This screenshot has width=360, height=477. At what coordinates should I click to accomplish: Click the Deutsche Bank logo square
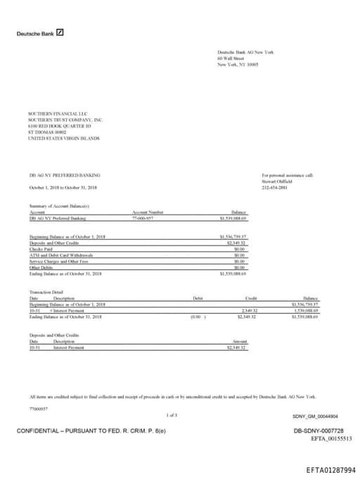pos(60,32)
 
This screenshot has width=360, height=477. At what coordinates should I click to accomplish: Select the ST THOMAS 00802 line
pos(47,132)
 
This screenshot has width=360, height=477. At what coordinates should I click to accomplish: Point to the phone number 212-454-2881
pos(274,188)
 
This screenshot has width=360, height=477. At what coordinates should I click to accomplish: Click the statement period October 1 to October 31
pos(63,188)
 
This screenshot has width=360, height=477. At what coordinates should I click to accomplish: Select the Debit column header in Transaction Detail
pos(198,298)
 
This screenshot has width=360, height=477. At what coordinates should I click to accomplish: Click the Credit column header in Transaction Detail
pos(250,298)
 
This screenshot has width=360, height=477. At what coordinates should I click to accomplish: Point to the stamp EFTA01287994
pos(330,469)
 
